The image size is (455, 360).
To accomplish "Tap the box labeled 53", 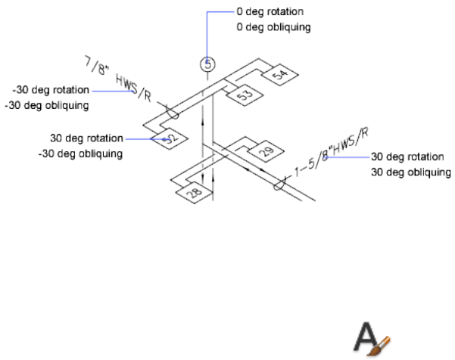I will coord(244,96).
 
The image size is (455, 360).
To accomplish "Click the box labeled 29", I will coord(266,152).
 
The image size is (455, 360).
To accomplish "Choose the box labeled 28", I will coord(194,194).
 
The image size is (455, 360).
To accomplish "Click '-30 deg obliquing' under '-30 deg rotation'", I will coord(46,105).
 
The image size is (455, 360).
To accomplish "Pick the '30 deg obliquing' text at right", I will coord(411,172).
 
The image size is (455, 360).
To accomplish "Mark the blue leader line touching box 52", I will coord(144,139).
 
